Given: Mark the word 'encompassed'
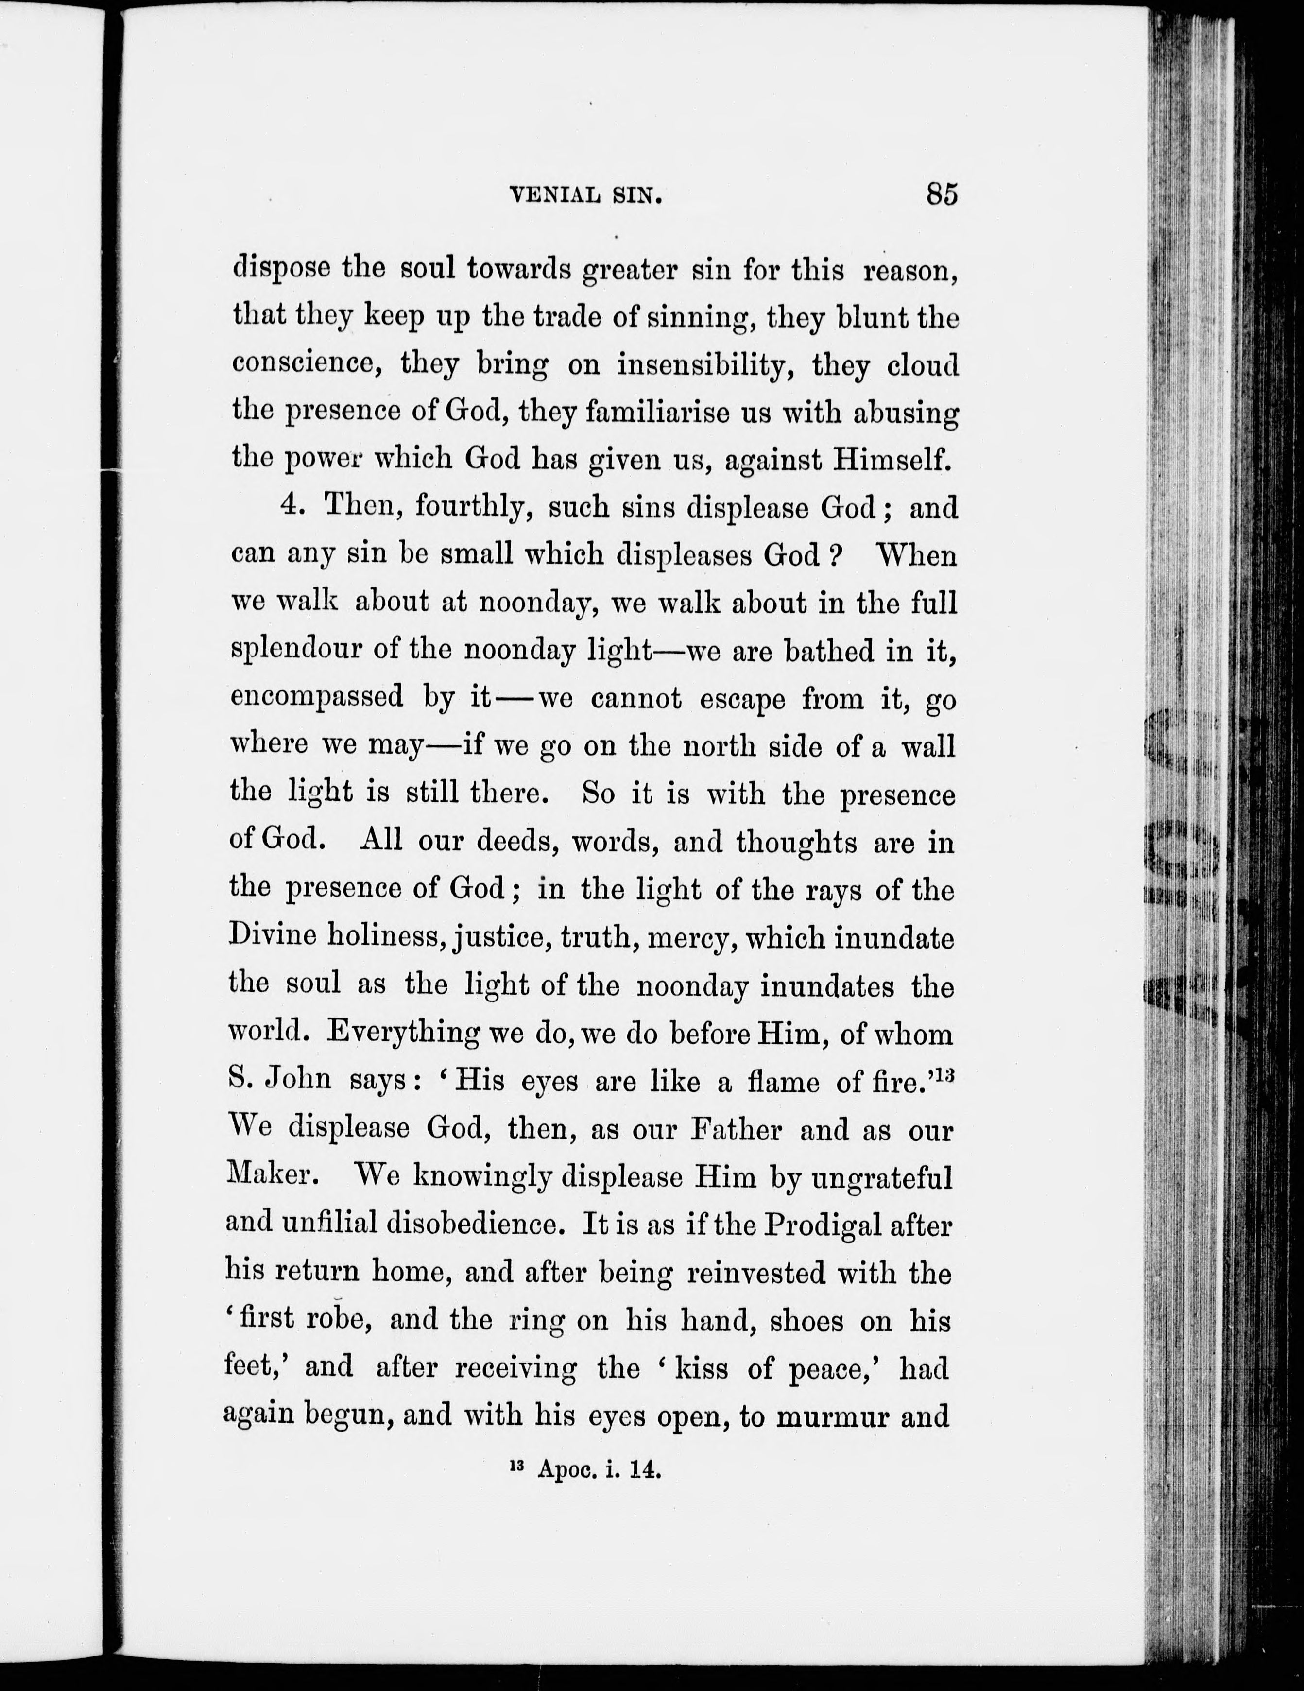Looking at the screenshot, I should coord(317,698).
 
